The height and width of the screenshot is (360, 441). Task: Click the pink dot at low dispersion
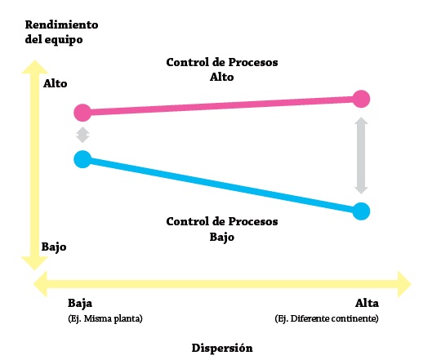[x=82, y=113]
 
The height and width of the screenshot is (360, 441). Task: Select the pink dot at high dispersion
[x=361, y=99]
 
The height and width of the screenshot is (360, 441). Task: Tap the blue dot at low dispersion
[x=82, y=159]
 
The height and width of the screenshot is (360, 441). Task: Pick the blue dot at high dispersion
[x=361, y=211]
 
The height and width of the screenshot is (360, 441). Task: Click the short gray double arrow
[x=82, y=135]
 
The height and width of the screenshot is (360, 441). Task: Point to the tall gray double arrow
[x=361, y=155]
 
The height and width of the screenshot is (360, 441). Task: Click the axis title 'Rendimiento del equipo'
[x=61, y=33]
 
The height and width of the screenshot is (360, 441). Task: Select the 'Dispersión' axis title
[x=222, y=348]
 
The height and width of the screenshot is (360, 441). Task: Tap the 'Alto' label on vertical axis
[x=56, y=83]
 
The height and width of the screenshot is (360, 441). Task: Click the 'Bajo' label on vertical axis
[x=54, y=247]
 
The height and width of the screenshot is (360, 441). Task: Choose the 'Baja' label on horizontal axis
[x=80, y=303]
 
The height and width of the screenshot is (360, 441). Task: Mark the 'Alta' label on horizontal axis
[x=367, y=303]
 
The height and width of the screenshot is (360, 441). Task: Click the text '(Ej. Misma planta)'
[x=105, y=318]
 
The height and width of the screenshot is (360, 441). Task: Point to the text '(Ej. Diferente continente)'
[x=327, y=318]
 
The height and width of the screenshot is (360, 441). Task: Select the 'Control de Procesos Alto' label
[x=222, y=69]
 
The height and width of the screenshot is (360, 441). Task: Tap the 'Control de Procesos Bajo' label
[x=222, y=229]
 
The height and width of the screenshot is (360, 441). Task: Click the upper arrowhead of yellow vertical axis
[x=34, y=67]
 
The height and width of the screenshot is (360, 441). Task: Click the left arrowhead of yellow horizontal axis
[x=40, y=284]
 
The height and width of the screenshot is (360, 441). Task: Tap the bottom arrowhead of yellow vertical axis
[x=34, y=264]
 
